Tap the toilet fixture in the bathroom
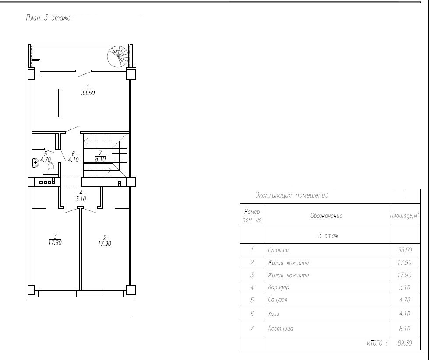[x=51, y=169]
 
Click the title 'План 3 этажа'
[x=48, y=18]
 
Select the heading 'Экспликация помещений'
[x=292, y=196]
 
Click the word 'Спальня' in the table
[x=278, y=250]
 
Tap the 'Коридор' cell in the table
[x=278, y=287]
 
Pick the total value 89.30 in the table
[x=405, y=343]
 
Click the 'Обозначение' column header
[x=326, y=216]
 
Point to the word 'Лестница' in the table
[x=280, y=329]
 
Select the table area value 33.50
[x=405, y=250]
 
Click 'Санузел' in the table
[x=278, y=300]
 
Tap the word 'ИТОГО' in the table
[x=374, y=343]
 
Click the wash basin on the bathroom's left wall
[x=35, y=162]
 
